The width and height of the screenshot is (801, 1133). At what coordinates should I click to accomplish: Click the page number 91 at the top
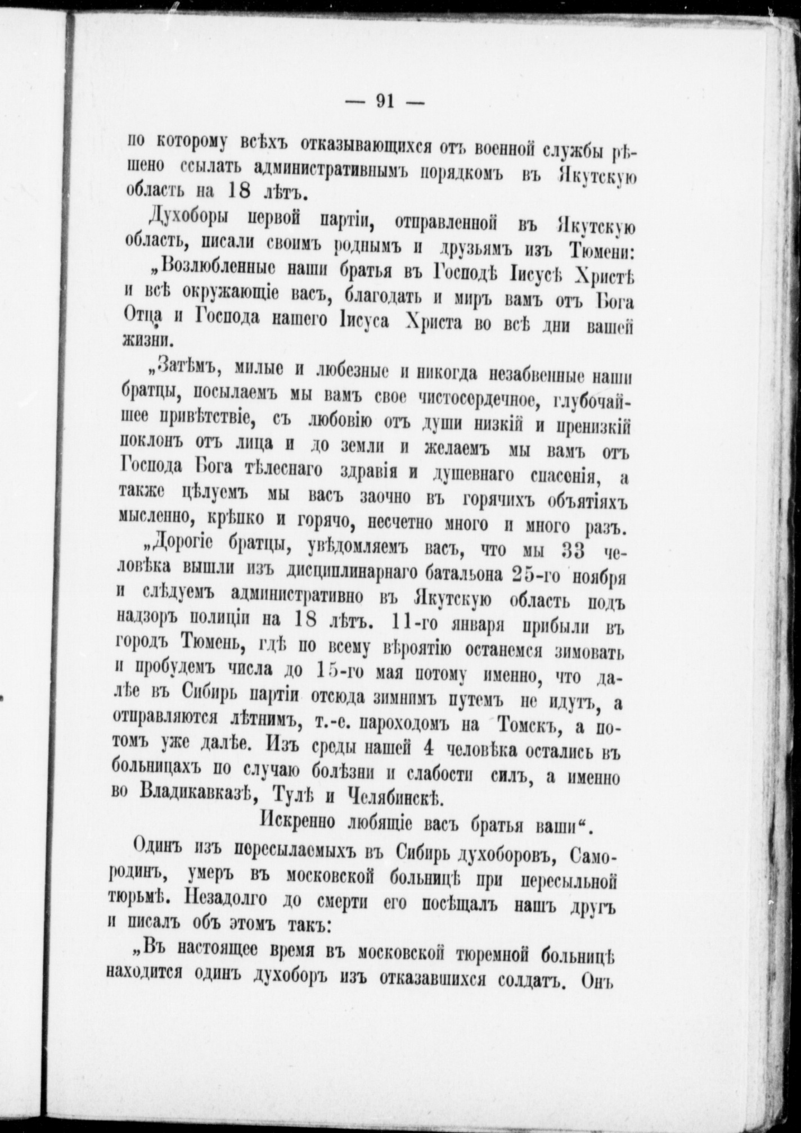click(x=385, y=102)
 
